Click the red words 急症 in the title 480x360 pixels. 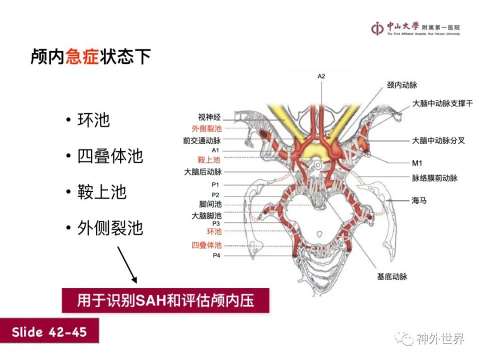(82, 56)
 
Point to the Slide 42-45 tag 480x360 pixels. (49, 331)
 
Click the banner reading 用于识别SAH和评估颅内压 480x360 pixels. (165, 300)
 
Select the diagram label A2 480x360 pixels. (321, 76)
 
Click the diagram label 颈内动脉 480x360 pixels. (402, 85)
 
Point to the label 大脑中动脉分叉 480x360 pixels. (438, 140)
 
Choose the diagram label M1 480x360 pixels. (417, 163)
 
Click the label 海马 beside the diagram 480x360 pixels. (419, 200)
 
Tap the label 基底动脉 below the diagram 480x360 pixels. (392, 276)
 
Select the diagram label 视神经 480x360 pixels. (209, 117)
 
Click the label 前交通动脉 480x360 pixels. (202, 140)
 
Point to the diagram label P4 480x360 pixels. (216, 255)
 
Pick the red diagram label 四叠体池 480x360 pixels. (206, 245)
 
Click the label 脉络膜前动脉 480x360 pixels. (434, 178)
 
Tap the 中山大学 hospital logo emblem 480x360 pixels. (377, 28)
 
